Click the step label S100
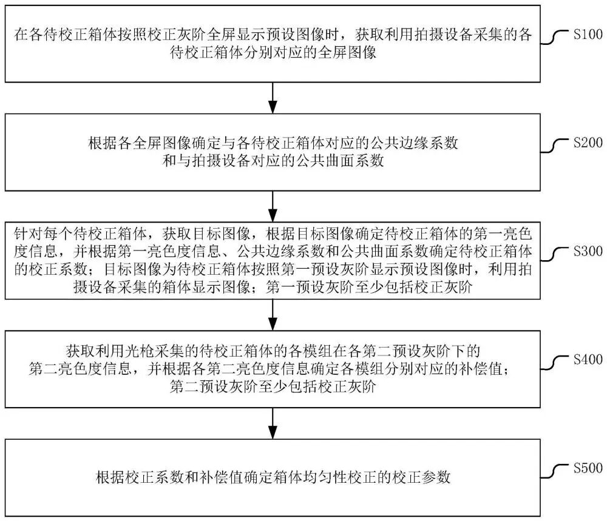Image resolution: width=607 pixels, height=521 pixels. pyautogui.click(x=588, y=34)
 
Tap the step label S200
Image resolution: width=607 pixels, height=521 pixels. pyautogui.click(x=588, y=143)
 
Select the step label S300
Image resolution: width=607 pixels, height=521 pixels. pyautogui.click(x=588, y=251)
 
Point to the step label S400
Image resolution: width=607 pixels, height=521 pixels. pyautogui.click(x=588, y=360)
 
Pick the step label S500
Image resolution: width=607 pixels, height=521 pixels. pyautogui.click(x=588, y=468)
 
